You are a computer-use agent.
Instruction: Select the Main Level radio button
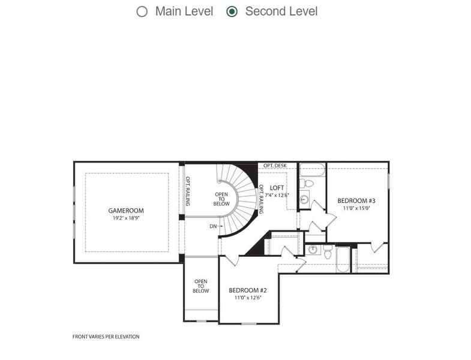tap(142, 11)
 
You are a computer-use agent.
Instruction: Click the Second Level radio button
tap(232, 11)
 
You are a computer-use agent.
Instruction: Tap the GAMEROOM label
tap(126, 211)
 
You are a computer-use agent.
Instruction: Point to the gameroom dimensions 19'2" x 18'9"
tap(126, 218)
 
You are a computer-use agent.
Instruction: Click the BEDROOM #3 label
tap(356, 200)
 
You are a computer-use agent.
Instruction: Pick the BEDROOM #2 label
tap(248, 290)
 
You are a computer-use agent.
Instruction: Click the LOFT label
tap(277, 188)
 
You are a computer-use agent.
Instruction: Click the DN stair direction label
tap(213, 226)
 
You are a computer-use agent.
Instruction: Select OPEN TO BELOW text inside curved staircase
tap(221, 199)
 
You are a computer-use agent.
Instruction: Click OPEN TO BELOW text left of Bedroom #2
tap(200, 286)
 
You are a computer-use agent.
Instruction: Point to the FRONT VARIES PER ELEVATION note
tap(106, 337)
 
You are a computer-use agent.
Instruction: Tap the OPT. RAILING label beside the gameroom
tap(187, 191)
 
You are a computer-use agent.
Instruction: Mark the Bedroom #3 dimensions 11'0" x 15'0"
tap(356, 208)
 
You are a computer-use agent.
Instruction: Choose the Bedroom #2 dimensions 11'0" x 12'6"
tap(248, 298)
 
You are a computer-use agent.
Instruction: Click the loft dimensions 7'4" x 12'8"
tap(277, 195)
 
